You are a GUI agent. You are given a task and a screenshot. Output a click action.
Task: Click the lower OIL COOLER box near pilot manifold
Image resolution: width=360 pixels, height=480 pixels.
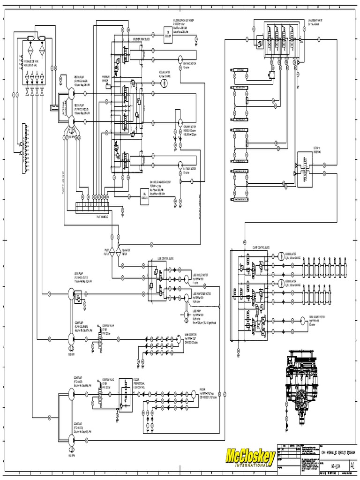(143, 194)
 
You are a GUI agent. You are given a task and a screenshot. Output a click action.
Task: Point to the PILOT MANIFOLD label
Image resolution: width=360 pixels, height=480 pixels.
(102, 217)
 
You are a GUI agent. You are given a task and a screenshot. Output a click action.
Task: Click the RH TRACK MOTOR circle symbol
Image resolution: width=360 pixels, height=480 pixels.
(179, 58)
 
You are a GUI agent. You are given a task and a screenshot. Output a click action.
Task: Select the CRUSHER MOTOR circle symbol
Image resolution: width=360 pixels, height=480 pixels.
(179, 121)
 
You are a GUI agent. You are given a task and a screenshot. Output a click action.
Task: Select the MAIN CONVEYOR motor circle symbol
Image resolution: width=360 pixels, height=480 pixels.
(178, 338)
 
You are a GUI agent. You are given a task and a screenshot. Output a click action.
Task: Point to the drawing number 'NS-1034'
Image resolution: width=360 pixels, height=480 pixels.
(335, 466)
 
